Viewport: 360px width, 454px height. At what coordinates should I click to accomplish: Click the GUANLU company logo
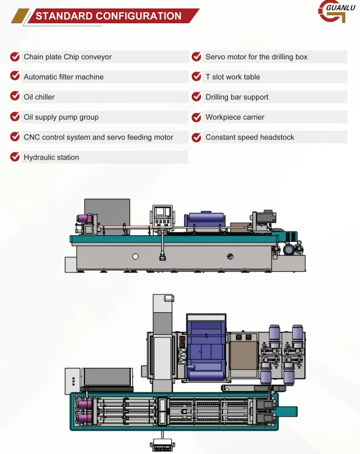point(336,11)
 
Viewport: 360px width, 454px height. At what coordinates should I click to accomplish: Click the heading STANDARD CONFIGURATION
point(108,16)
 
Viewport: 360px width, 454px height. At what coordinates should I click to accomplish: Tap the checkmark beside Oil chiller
point(15,96)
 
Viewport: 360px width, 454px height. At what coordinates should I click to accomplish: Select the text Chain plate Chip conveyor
point(67,57)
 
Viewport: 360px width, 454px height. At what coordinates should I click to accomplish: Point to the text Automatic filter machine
point(64,77)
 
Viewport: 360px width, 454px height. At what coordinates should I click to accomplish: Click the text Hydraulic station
point(51,157)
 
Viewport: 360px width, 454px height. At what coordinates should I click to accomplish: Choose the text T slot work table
point(233,77)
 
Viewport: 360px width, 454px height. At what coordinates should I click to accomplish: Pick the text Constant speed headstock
point(249,137)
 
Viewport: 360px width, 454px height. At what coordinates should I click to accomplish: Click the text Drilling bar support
point(237,97)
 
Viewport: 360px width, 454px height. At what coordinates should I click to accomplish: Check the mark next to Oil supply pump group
point(15,116)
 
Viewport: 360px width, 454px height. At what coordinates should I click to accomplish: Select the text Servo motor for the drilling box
point(256,57)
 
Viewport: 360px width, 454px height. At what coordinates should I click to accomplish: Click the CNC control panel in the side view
point(162,216)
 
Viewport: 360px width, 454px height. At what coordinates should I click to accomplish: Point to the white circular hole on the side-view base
point(135,257)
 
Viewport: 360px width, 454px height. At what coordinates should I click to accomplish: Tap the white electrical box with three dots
point(72,381)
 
